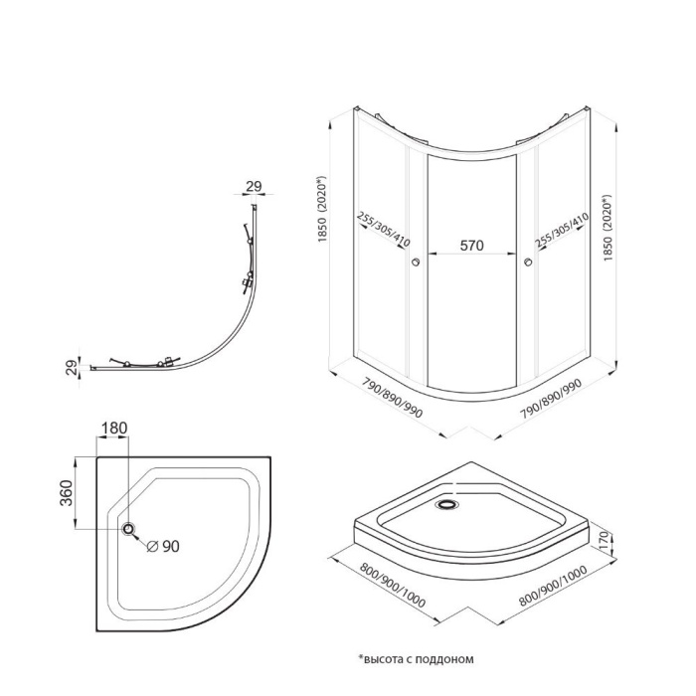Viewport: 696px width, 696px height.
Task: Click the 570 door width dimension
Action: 471,245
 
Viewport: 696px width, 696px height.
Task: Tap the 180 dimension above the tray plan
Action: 114,428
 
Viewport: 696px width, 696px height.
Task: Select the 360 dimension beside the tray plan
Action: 67,493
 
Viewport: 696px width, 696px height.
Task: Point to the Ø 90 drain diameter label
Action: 163,547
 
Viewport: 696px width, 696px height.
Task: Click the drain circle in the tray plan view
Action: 128,529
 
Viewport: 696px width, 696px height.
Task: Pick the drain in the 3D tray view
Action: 447,504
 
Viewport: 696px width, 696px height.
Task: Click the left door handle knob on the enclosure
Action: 416,261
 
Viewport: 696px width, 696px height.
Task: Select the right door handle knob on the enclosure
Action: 528,261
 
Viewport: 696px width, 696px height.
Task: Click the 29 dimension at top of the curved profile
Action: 254,187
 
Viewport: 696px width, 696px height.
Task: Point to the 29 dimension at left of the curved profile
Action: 72,368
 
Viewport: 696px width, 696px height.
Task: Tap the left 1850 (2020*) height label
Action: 322,209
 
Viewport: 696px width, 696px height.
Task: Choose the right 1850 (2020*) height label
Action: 608,228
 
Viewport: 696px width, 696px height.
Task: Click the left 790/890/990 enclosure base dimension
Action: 393,398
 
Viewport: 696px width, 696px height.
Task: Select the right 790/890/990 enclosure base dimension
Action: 551,399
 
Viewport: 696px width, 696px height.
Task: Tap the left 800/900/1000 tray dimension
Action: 393,585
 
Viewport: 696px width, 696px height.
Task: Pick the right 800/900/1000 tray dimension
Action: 553,586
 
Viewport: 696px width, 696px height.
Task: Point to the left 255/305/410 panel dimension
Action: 384,229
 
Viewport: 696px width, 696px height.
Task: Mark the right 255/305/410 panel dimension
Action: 563,230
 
